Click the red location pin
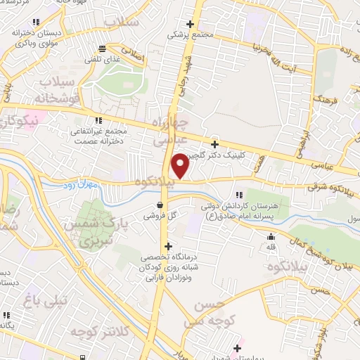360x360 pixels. (180, 166)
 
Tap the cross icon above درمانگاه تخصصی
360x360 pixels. (167, 246)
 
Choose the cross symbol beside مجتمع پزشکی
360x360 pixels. (190, 23)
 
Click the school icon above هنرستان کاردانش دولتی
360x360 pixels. (240, 195)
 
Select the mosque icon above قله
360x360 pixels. (271, 238)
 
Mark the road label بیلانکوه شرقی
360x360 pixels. (324, 188)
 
